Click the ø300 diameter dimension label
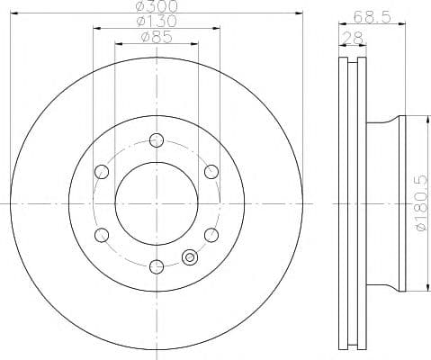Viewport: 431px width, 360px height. [x=157, y=6]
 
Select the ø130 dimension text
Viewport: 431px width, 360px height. [x=157, y=22]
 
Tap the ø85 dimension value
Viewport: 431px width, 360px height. [x=157, y=38]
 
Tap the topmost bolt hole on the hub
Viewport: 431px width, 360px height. [x=157, y=139]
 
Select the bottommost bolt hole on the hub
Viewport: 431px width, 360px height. [x=157, y=265]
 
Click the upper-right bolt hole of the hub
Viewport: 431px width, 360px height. [x=211, y=171]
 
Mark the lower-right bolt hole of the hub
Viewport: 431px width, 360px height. [x=211, y=234]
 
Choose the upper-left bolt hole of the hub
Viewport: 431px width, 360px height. [x=102, y=171]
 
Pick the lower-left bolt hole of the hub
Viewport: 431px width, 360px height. [x=102, y=234]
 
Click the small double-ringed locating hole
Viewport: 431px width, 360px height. [x=190, y=257]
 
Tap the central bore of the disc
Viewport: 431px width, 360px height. [x=157, y=202]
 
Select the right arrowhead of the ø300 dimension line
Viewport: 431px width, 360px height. [x=301, y=12]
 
